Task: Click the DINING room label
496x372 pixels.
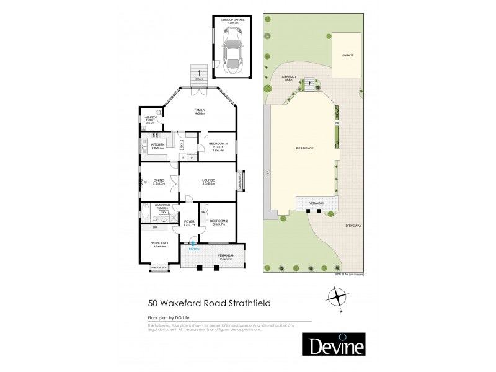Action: tap(159, 182)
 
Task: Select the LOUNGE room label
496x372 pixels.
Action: tap(208, 182)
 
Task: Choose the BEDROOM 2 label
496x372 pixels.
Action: tap(219, 223)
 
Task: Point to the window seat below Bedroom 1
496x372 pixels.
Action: tap(159, 268)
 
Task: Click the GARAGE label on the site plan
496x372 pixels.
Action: tap(348, 56)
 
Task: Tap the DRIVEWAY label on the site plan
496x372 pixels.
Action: tap(353, 226)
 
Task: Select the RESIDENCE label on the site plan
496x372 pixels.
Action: tap(304, 148)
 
